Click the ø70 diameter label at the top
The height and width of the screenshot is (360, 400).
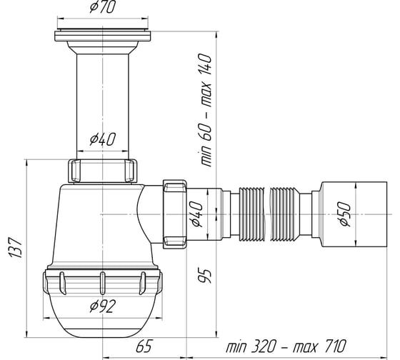point(103,7)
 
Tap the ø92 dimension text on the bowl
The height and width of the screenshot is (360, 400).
point(103,306)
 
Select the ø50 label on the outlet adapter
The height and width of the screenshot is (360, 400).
point(345,214)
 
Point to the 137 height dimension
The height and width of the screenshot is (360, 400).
point(16,248)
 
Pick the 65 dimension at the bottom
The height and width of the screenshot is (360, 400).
point(144,346)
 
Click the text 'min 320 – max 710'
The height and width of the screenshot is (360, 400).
point(286,346)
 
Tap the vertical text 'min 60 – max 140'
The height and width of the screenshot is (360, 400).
point(206,110)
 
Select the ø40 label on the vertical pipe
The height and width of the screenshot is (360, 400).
point(103,139)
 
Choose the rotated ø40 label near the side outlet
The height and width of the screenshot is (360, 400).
point(197,214)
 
